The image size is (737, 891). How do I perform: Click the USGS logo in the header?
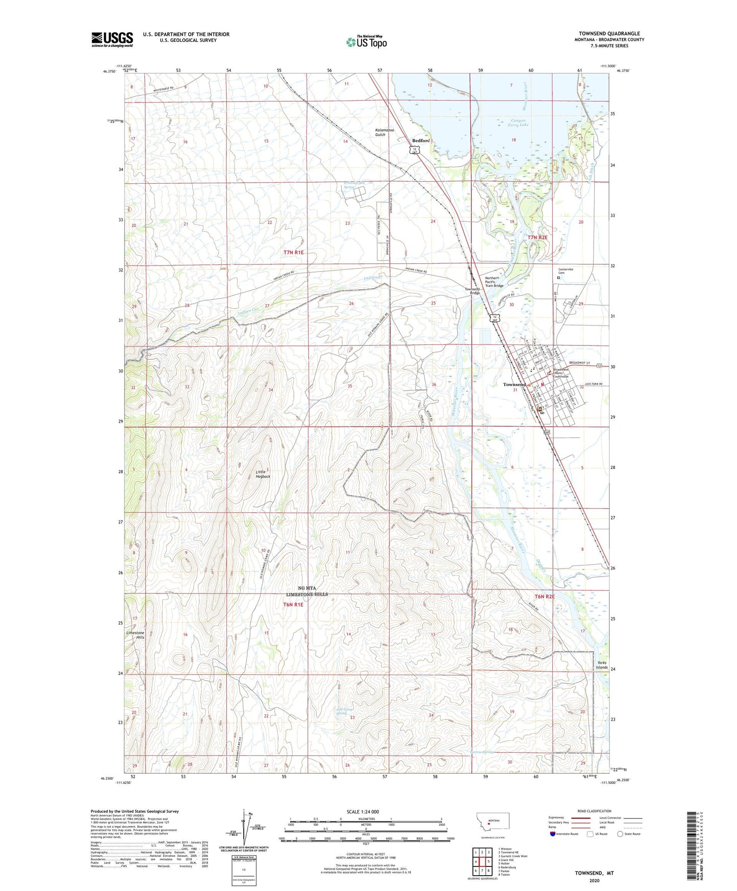[x=112, y=39]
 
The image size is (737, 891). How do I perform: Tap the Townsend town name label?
[x=514, y=384]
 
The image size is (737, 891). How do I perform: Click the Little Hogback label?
[x=263, y=474]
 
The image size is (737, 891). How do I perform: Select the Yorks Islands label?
[x=602, y=665]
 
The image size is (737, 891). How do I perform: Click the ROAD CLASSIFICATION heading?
[x=594, y=811]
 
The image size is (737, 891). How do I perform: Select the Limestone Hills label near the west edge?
[x=135, y=635]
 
